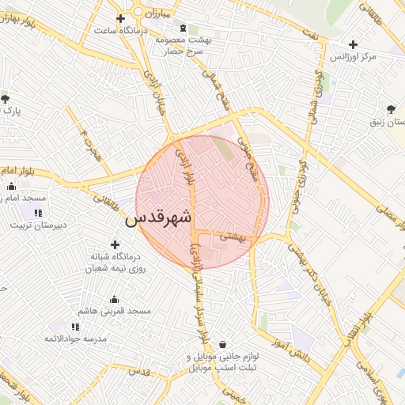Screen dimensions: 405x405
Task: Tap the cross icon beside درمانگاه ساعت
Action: [120, 18]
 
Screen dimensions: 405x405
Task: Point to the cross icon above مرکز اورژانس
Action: [353, 44]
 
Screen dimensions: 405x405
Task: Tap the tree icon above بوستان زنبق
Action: [391, 109]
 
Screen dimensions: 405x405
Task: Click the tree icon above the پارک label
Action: [6, 99]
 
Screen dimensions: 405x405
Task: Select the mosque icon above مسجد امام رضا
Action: [11, 187]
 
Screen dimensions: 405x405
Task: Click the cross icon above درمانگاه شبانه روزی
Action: [115, 244]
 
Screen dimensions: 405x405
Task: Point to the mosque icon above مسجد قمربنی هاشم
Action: [115, 299]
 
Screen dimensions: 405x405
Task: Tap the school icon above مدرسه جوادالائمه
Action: [75, 327]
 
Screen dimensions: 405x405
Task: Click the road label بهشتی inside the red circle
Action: [233, 236]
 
